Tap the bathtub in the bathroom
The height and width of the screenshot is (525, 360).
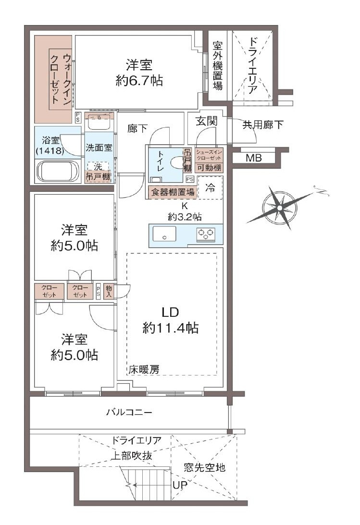click(x=58, y=171)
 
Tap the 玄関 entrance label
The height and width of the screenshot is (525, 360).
click(x=206, y=121)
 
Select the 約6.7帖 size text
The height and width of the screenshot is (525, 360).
click(x=139, y=81)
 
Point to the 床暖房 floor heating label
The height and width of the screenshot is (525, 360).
click(x=144, y=369)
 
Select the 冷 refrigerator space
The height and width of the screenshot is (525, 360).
click(x=210, y=187)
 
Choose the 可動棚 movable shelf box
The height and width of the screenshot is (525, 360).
click(x=209, y=168)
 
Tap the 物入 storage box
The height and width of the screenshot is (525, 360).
click(x=109, y=291)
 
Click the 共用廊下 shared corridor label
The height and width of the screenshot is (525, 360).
click(x=262, y=125)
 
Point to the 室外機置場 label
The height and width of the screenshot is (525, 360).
click(x=217, y=66)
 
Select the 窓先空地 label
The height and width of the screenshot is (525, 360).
click(x=204, y=467)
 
